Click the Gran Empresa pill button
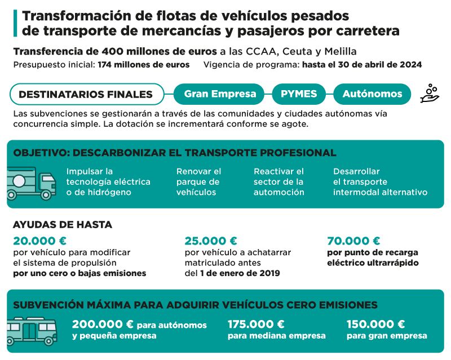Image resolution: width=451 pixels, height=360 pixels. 220,94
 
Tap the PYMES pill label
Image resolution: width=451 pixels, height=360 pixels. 299,94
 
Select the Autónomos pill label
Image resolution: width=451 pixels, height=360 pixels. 373,94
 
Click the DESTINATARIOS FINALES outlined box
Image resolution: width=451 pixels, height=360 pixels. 86,94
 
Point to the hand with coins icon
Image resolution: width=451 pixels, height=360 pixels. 430,94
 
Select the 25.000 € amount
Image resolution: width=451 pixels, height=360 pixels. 211,241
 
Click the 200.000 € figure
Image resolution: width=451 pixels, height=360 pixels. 103,325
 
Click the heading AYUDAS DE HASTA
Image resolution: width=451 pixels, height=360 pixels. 62,224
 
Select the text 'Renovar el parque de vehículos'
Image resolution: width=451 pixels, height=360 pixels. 198,181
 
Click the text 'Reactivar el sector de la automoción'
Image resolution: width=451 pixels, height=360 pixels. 279,181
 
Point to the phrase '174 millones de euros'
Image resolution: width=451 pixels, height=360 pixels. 143,65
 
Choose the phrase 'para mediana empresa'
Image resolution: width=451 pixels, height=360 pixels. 276,336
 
